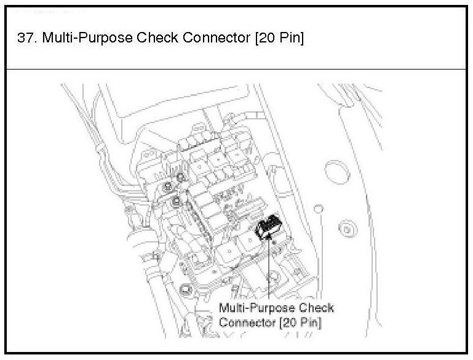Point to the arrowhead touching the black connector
(x=269, y=239)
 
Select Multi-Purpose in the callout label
(x=257, y=308)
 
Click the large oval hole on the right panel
(x=335, y=172)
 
